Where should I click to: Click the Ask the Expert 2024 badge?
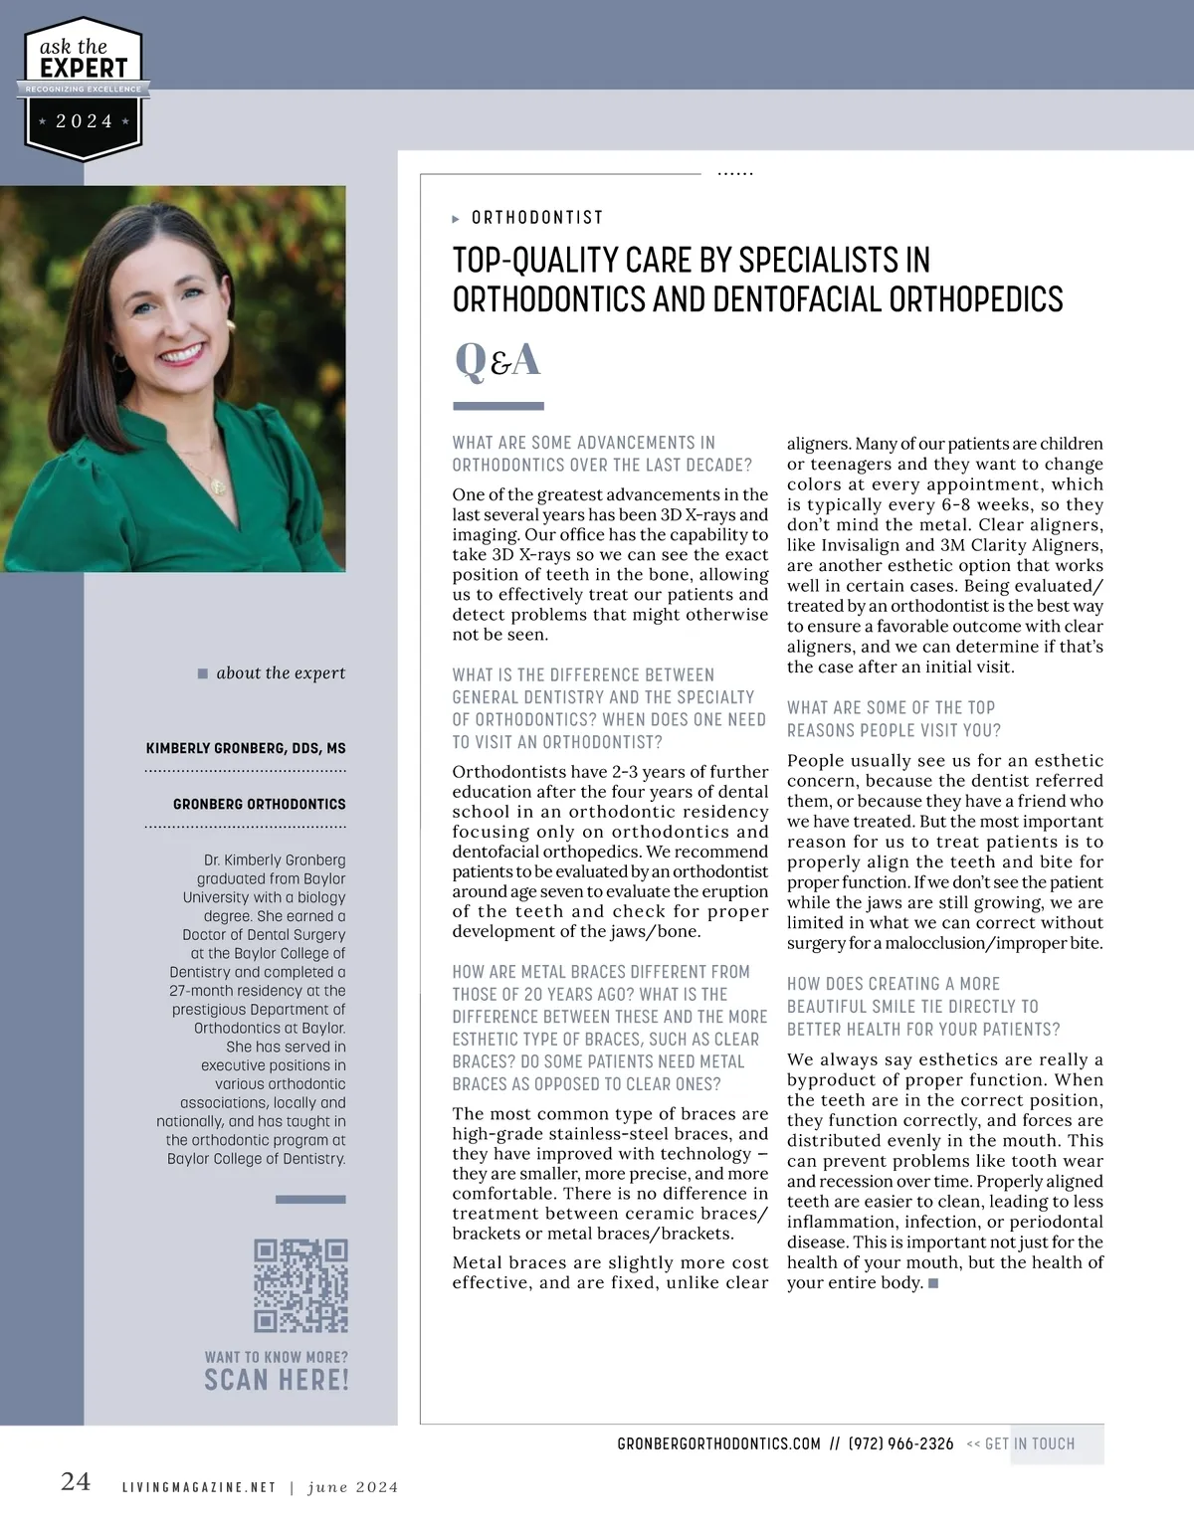pyautogui.click(x=84, y=90)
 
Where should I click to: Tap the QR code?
pyautogui.click(x=300, y=1285)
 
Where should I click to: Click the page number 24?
pyautogui.click(x=76, y=1482)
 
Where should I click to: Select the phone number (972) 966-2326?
pyautogui.click(x=900, y=1443)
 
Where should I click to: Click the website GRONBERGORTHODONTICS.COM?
pyautogui.click(x=718, y=1443)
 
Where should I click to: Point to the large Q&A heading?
pyautogui.click(x=497, y=360)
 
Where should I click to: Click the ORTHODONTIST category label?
pyautogui.click(x=536, y=218)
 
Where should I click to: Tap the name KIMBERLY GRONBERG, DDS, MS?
pyautogui.click(x=246, y=748)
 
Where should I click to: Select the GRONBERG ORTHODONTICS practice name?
pyautogui.click(x=259, y=804)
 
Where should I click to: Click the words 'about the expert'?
pyautogui.click(x=281, y=673)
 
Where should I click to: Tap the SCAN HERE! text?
pyautogui.click(x=277, y=1380)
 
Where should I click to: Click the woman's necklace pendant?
pyautogui.click(x=218, y=486)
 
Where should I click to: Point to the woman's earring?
pyautogui.click(x=231, y=324)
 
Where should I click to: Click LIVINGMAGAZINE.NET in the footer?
pyautogui.click(x=198, y=1488)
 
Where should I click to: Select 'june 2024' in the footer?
pyautogui.click(x=352, y=1488)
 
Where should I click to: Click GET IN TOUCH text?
pyautogui.click(x=1029, y=1443)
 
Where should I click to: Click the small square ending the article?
pyautogui.click(x=933, y=1283)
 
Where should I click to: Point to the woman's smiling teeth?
pyautogui.click(x=181, y=354)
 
